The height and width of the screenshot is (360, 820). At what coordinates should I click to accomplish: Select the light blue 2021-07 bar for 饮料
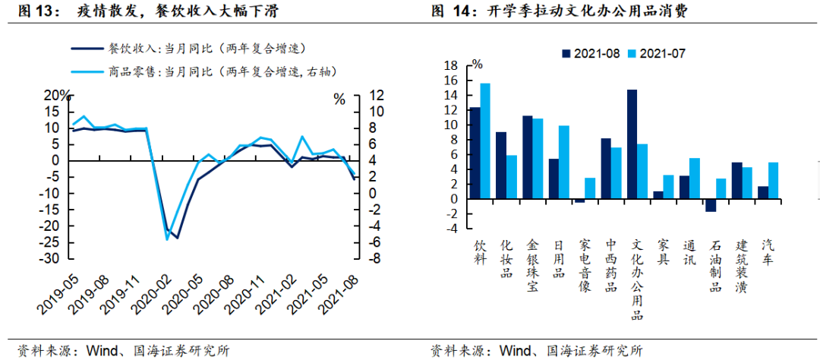coord(485,141)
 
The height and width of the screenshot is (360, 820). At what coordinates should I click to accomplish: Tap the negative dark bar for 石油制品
coord(711,205)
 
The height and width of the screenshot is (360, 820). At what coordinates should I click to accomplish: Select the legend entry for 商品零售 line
coord(205,71)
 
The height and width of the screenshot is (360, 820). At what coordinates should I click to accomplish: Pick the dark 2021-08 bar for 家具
coord(658,195)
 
